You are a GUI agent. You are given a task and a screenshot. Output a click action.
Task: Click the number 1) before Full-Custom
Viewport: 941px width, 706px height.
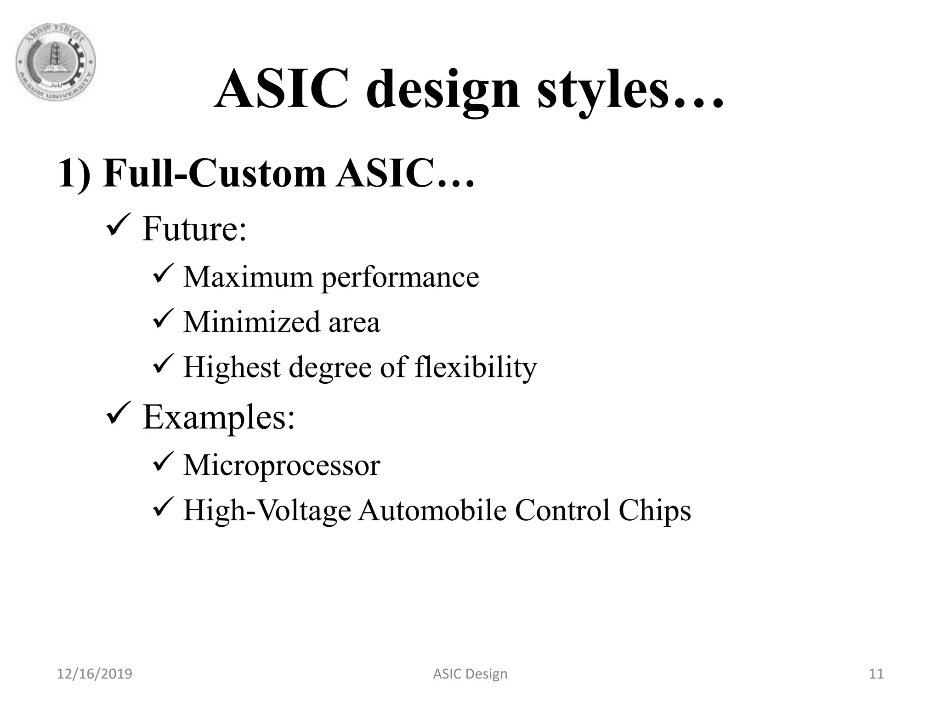point(74,174)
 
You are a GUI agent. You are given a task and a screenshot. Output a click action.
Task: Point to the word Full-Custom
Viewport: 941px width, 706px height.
point(214,173)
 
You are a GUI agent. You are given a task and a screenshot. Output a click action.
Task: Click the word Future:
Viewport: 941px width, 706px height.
point(194,229)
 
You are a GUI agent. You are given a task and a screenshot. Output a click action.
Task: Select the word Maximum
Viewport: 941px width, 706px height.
point(248,277)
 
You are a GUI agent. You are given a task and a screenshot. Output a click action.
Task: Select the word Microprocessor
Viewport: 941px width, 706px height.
point(282,466)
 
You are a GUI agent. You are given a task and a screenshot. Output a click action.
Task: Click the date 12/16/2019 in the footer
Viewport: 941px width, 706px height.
point(94,674)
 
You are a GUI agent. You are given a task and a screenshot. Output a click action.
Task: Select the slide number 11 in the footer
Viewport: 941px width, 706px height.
point(876,674)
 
